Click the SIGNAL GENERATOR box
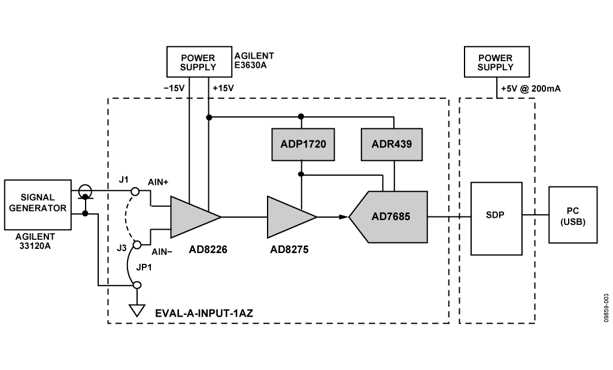38,204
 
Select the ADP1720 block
303,145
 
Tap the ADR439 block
392,145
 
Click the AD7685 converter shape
388,217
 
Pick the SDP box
496,218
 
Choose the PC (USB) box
573,215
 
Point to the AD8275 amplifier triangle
292,217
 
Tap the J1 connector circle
135,191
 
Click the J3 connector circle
137,245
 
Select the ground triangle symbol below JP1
137,311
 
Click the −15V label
174,89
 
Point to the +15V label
223,89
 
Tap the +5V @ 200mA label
531,89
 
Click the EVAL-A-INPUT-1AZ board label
204,313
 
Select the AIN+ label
158,182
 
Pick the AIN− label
162,252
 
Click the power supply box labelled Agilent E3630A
199,62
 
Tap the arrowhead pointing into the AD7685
343,217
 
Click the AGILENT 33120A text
35,241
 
